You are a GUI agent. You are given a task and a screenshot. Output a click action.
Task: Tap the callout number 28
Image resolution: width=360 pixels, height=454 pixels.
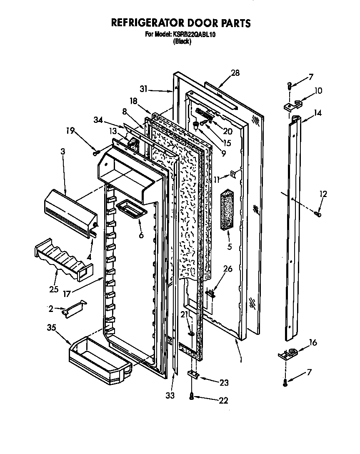pos(235,73)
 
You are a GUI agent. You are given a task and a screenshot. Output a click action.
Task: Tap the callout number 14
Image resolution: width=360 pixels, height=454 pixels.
pos(317,112)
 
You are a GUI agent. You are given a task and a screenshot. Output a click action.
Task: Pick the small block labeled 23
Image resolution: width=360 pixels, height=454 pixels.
pos(192,374)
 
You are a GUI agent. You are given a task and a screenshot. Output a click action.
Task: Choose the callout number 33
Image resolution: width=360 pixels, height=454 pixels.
pos(170,394)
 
